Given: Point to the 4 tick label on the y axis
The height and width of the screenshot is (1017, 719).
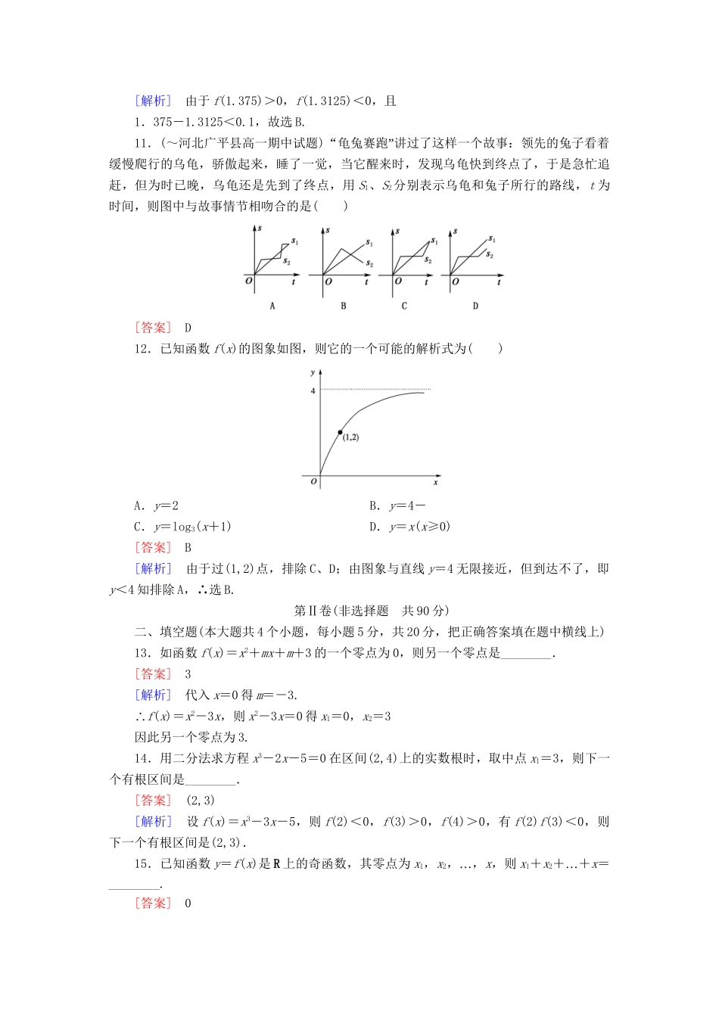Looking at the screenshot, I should [312, 390].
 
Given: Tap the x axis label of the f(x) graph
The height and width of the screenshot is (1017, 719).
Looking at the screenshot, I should [436, 482].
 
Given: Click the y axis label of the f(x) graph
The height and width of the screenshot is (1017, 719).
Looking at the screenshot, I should [312, 373].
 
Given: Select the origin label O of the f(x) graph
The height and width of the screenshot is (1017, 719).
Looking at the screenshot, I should [313, 482].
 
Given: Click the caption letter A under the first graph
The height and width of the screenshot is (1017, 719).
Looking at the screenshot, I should [272, 306].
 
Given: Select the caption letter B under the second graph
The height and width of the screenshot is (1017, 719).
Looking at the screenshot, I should [344, 306].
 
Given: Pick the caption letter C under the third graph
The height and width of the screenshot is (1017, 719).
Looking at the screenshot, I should [404, 306].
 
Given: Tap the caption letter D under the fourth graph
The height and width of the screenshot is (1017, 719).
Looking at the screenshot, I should [475, 306].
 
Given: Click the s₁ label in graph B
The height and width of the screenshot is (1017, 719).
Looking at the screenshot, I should [369, 243].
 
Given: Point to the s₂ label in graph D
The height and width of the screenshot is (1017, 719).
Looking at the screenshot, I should [490, 256].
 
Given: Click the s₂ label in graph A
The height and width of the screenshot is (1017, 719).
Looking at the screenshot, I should [287, 261].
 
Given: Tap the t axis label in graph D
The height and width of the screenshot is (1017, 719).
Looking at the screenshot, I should [500, 281].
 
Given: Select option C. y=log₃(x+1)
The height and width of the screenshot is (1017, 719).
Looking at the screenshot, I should [182, 527].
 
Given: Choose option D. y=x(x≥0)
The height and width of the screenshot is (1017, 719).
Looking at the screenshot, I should [409, 527].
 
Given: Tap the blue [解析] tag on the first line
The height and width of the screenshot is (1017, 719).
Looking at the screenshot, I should [153, 101].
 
